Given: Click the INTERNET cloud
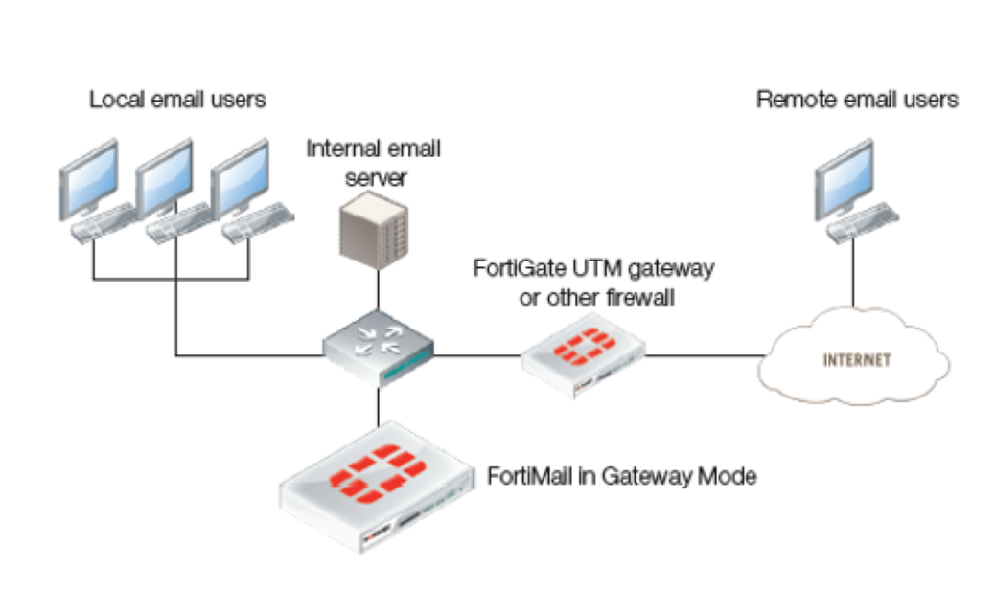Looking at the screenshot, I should (x=856, y=361).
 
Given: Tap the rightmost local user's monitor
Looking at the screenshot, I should (x=239, y=178).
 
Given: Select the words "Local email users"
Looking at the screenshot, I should (x=177, y=99).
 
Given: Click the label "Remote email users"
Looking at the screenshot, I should (x=857, y=99).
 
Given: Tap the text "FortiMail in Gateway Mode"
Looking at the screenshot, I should (x=622, y=476).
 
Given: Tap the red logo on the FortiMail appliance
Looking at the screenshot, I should (x=377, y=473).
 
